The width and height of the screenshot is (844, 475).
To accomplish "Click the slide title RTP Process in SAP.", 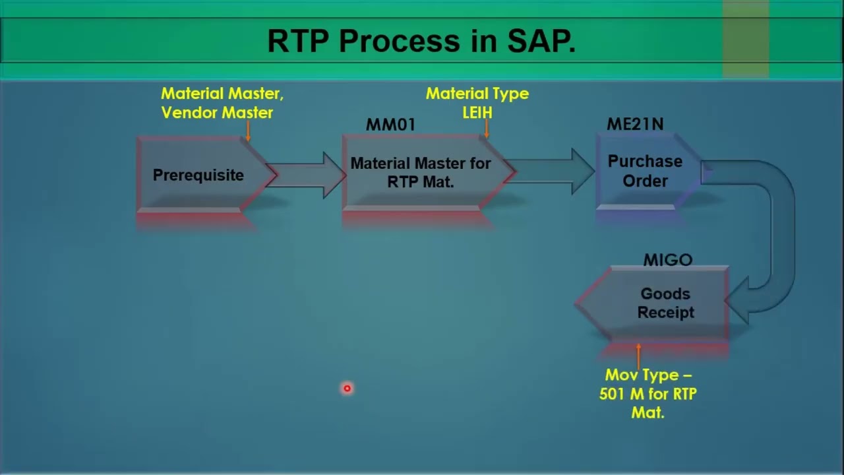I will pyautogui.click(x=421, y=41).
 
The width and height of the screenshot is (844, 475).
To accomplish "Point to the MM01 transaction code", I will pyautogui.click(x=390, y=125).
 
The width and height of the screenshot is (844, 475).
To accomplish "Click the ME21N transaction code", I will pyautogui.click(x=635, y=124).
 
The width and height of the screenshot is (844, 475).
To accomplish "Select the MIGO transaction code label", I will pyautogui.click(x=667, y=260).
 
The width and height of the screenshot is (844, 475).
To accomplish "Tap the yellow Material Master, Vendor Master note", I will pyautogui.click(x=222, y=103).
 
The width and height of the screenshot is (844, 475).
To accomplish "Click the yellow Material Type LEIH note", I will pyautogui.click(x=477, y=103).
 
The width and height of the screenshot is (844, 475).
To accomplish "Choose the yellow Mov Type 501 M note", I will pyautogui.click(x=648, y=393).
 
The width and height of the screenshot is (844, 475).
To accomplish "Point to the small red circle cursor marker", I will pyautogui.click(x=347, y=389).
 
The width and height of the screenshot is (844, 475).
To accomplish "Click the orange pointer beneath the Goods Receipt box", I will pyautogui.click(x=638, y=355).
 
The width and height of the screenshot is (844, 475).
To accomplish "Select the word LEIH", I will pyautogui.click(x=477, y=113).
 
